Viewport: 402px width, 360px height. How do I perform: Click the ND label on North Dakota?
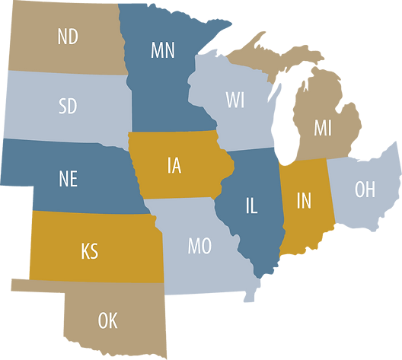click(68, 37)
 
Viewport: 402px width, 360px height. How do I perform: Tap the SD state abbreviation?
click(68, 107)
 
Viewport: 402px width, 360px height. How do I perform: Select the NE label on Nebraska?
click(68, 179)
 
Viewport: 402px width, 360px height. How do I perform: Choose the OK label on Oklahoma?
click(107, 320)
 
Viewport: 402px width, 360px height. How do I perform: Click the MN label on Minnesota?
click(164, 52)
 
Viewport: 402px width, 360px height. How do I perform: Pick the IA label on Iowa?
click(174, 165)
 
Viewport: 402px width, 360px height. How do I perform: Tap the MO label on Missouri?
click(199, 247)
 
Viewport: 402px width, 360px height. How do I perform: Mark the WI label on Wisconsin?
click(235, 100)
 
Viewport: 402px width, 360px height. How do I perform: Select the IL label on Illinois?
click(252, 205)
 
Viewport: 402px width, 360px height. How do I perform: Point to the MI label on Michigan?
click(323, 128)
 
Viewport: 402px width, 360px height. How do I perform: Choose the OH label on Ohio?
click(365, 189)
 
